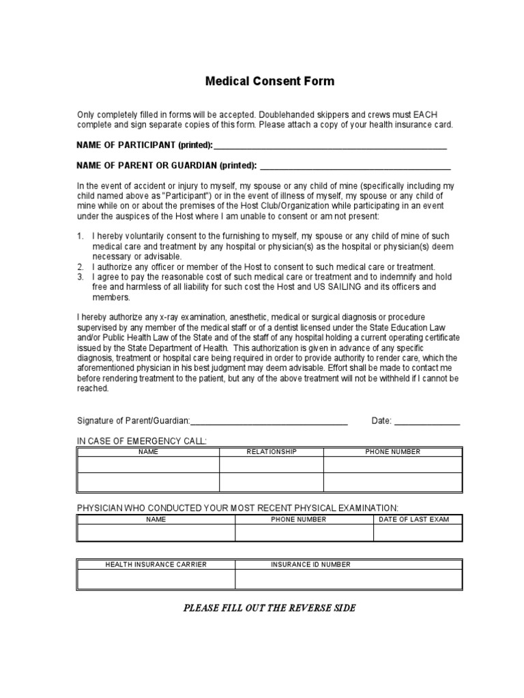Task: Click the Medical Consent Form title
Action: pyautogui.click(x=270, y=81)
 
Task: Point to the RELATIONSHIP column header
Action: pyautogui.click(x=271, y=452)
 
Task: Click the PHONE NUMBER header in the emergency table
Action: pyautogui.click(x=392, y=452)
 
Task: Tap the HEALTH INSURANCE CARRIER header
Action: pyautogui.click(x=156, y=564)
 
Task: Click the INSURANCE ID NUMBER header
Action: pyautogui.click(x=310, y=564)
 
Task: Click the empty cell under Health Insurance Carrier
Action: pyautogui.click(x=156, y=579)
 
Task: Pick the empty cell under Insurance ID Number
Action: pyautogui.click(x=348, y=579)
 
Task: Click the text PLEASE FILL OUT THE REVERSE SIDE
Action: pyautogui.click(x=270, y=608)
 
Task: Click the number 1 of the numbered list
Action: pyautogui.click(x=79, y=236)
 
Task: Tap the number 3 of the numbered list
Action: pyautogui.click(x=79, y=277)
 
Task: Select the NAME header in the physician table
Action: pyautogui.click(x=156, y=519)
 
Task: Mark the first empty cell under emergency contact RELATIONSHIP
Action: pyautogui.click(x=271, y=465)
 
